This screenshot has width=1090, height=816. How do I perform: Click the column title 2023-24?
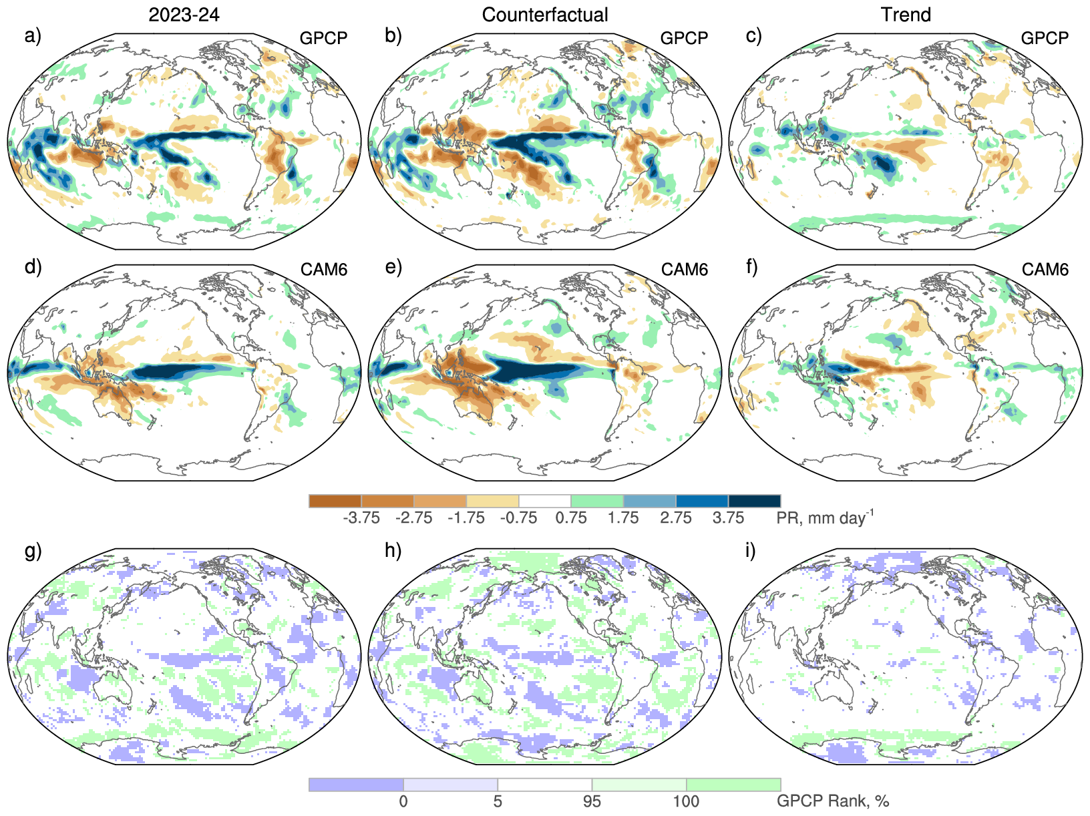pos(184,15)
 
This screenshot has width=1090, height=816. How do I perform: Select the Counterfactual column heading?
pos(545,15)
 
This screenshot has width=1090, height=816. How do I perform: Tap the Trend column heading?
pos(906,15)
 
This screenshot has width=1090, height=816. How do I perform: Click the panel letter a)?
pos(33,36)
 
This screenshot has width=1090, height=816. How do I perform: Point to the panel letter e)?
pos(393,267)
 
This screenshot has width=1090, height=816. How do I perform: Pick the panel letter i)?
pos(751,552)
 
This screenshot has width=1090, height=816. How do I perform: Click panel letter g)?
pos(33,552)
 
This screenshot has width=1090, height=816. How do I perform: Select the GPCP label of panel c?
pos(1045,38)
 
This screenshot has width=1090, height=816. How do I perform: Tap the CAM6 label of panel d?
pos(324,269)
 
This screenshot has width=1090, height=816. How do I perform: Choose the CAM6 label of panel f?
pos(1045,269)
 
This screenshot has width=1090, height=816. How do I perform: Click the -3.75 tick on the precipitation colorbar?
pos(361,518)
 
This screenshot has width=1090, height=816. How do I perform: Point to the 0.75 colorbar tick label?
pos(571,518)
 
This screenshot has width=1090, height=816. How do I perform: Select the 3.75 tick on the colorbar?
pos(728,518)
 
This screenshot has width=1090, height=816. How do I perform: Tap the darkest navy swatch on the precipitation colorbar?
pos(754,501)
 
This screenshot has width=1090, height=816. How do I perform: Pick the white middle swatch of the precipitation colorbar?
pos(545,501)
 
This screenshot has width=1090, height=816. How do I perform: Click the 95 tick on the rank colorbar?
pos(592,801)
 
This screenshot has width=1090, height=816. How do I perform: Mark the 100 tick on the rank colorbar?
pos(686,801)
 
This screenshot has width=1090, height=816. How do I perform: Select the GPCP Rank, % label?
pos(833,801)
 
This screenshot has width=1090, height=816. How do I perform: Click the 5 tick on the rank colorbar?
pos(498,801)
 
